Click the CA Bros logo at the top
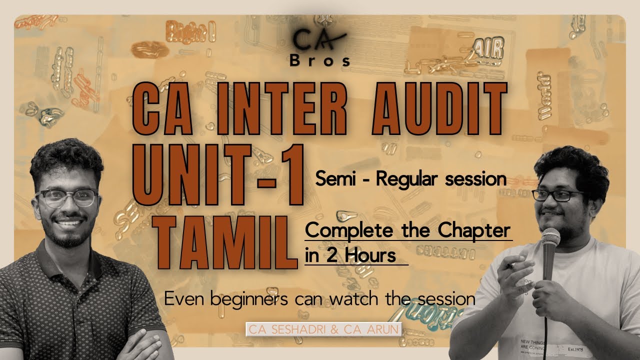[320, 48]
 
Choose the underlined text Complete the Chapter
[408, 231]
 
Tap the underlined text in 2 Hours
[350, 254]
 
